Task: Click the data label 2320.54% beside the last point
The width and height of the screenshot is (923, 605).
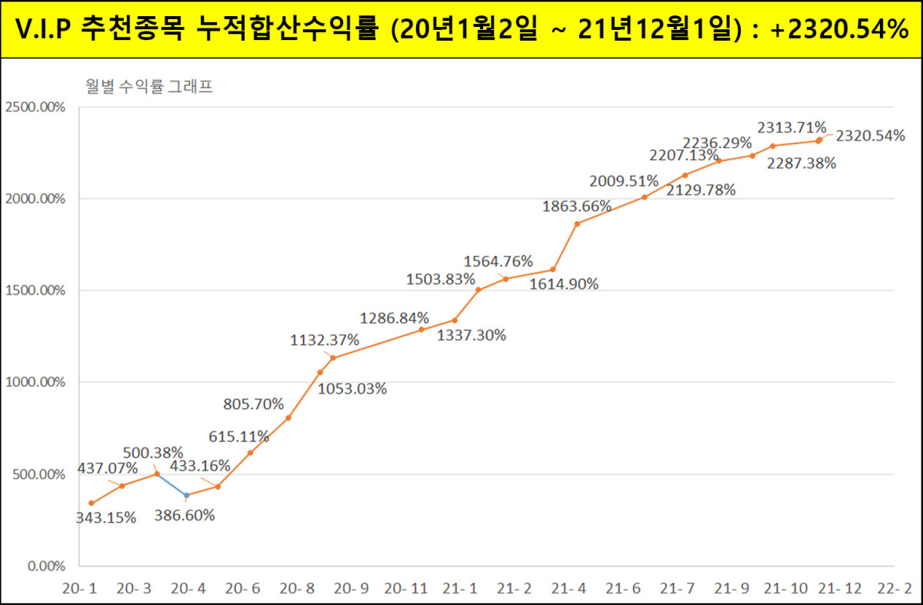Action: [870, 136]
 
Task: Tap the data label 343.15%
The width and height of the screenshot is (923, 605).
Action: [105, 517]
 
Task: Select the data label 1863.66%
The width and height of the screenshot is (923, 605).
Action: [576, 206]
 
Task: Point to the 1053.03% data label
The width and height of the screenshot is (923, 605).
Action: [352, 388]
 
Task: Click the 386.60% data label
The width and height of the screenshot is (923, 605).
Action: [184, 515]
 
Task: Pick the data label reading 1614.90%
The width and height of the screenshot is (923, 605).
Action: [564, 284]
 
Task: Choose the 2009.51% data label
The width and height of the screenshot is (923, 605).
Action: [624, 181]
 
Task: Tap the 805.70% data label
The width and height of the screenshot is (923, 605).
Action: [253, 404]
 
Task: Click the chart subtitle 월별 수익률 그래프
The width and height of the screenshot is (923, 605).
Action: [149, 87]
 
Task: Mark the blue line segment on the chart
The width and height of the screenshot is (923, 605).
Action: [172, 485]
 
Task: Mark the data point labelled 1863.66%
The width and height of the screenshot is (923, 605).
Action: [577, 224]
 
